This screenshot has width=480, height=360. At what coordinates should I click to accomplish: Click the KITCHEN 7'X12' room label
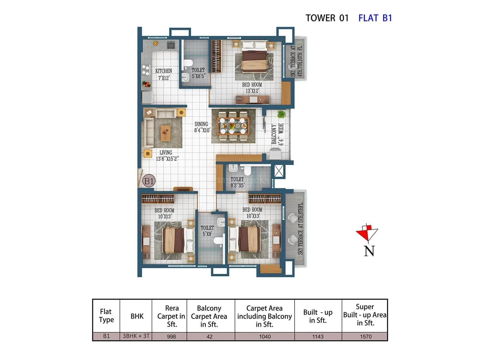pyautogui.click(x=163, y=74)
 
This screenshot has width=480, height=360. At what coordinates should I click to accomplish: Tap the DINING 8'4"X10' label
pyautogui.click(x=202, y=127)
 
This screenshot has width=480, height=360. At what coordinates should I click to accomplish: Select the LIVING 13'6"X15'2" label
pyautogui.click(x=167, y=156)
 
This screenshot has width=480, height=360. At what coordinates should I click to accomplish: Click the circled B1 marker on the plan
pyautogui.click(x=149, y=181)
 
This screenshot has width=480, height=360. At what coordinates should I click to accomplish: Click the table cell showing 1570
pyautogui.click(x=365, y=336)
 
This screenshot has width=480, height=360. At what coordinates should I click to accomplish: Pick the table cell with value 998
pyautogui.click(x=171, y=336)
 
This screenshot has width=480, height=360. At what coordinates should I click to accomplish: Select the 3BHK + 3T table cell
pyautogui.click(x=136, y=336)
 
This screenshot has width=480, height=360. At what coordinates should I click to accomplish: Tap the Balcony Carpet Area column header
pyautogui.click(x=209, y=316)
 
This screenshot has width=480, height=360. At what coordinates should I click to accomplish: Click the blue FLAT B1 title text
pyautogui.click(x=375, y=18)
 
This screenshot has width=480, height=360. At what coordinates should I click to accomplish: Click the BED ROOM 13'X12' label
pyautogui.click(x=252, y=88)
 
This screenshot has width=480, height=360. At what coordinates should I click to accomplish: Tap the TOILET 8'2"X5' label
pyautogui.click(x=237, y=182)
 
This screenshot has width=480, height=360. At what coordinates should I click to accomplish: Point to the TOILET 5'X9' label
pyautogui.click(x=207, y=231)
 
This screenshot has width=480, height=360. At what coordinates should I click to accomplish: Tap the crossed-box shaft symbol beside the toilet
pyautogui.click(x=279, y=171)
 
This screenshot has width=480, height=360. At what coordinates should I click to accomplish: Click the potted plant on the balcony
pyautogui.click(x=281, y=114)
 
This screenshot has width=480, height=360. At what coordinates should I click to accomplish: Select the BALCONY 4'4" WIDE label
pyautogui.click(x=277, y=134)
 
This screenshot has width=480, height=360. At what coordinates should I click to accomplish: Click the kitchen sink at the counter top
pyautogui.click(x=171, y=46)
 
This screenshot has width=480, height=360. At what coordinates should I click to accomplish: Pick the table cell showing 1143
pyautogui.click(x=317, y=336)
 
